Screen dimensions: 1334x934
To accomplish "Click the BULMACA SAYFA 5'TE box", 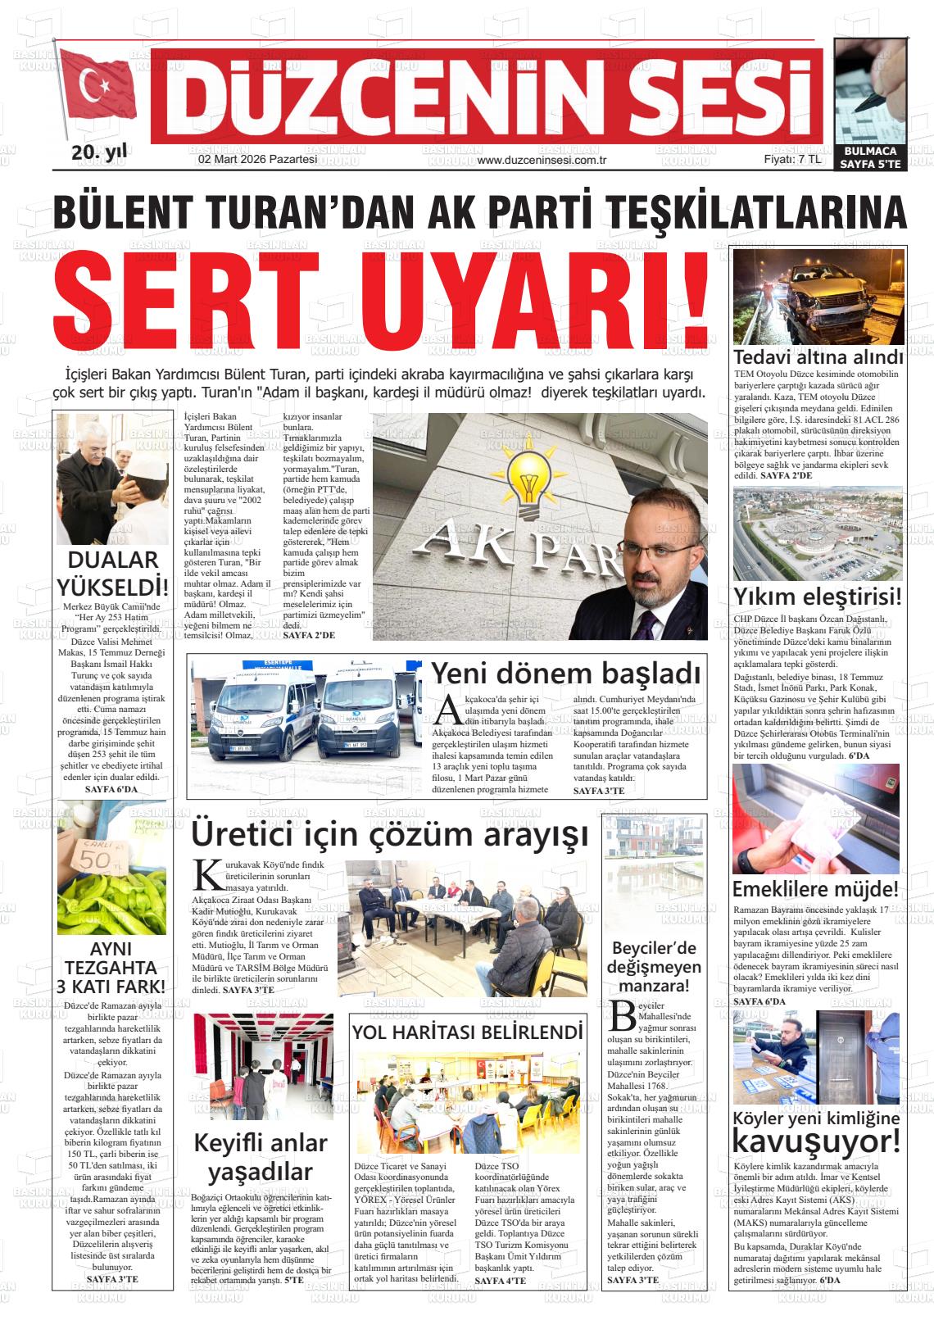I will pyautogui.click(x=870, y=157).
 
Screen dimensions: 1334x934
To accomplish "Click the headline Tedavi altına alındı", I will pyautogui.click(x=818, y=357).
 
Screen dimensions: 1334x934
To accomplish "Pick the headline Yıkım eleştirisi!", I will pyautogui.click(x=818, y=596).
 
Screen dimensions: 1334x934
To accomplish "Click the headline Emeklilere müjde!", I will pyautogui.click(x=815, y=889).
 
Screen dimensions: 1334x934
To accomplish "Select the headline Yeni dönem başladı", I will pyautogui.click(x=566, y=673).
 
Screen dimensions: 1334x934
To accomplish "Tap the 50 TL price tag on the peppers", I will pyautogui.click(x=97, y=857).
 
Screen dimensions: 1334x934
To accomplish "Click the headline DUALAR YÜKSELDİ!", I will pyautogui.click(x=112, y=574).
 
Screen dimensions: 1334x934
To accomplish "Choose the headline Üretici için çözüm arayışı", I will pyautogui.click(x=389, y=835).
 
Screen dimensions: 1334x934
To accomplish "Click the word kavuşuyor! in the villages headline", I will pyautogui.click(x=816, y=1140).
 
